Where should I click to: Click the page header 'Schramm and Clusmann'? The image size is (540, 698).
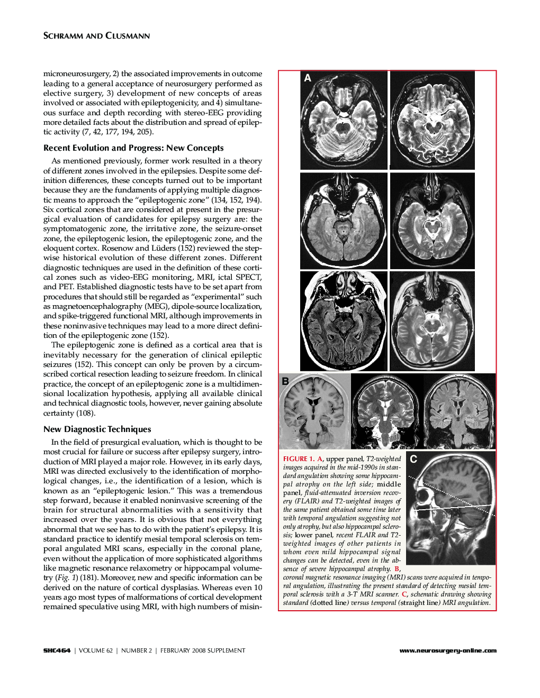point(96,36)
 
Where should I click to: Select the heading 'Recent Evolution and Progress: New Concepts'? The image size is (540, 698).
point(133,148)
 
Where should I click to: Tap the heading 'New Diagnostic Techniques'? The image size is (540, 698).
point(97,429)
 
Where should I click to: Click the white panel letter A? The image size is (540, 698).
point(308,78)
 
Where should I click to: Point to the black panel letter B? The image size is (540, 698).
point(285,381)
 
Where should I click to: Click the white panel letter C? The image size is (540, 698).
point(413,459)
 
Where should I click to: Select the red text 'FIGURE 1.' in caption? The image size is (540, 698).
point(299,459)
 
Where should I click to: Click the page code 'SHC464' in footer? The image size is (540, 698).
point(57,650)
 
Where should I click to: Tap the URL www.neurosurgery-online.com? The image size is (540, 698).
point(448,650)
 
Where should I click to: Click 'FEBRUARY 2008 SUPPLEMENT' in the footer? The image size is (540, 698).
point(203,650)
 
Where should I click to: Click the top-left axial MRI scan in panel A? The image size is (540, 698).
point(344,121)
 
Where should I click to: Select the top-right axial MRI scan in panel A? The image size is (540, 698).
point(432,121)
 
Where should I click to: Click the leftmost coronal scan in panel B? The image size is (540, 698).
point(314,411)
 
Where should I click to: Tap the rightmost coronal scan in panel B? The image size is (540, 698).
point(460,411)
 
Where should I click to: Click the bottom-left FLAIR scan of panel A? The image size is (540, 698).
point(344,321)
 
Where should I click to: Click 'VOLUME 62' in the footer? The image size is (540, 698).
point(96,650)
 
